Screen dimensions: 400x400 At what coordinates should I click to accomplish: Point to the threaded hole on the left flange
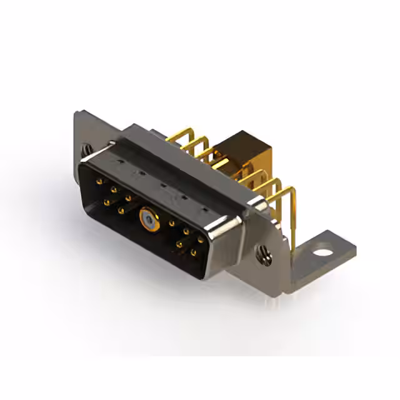pos(87,149)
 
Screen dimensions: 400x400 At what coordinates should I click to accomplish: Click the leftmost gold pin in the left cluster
pos(100,181)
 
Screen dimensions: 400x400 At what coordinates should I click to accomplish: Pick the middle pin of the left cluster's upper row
pos(114,189)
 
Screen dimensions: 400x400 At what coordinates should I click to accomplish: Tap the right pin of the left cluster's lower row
pos(121,211)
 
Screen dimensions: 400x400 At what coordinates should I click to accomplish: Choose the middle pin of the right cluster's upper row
pos(186,232)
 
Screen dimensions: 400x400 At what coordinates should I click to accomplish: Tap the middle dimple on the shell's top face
pos(162,184)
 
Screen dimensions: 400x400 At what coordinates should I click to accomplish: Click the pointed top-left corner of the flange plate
pos(76,112)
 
